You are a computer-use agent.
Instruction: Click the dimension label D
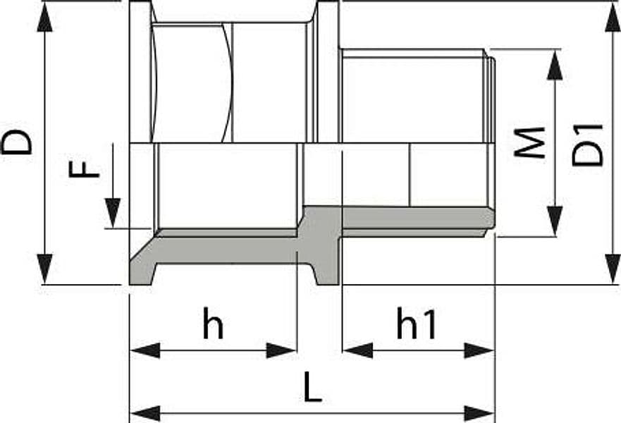(x=17, y=142)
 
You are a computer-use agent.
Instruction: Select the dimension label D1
(x=588, y=145)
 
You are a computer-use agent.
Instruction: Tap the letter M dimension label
(x=529, y=142)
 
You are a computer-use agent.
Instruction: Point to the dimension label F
(x=84, y=168)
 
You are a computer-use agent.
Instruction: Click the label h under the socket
(x=213, y=322)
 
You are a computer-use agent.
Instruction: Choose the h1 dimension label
(x=416, y=322)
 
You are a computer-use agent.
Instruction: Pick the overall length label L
(x=312, y=386)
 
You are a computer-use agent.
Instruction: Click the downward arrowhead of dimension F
(x=113, y=213)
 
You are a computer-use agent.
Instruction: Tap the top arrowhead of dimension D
(x=44, y=17)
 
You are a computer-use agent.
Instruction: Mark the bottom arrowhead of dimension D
(x=44, y=269)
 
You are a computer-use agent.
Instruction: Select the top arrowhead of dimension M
(x=555, y=65)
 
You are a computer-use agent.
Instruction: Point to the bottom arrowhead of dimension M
(x=555, y=221)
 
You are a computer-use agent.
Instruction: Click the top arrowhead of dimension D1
(x=613, y=17)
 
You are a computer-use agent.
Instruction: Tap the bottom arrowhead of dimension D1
(x=613, y=269)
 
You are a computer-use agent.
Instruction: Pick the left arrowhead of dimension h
(x=145, y=350)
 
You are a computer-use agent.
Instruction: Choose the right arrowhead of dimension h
(x=281, y=350)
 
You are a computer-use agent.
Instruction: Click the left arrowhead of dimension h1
(x=358, y=350)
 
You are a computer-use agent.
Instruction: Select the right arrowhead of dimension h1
(x=479, y=350)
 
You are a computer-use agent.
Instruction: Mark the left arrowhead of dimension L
(x=145, y=414)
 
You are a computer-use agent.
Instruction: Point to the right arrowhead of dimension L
(x=479, y=414)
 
